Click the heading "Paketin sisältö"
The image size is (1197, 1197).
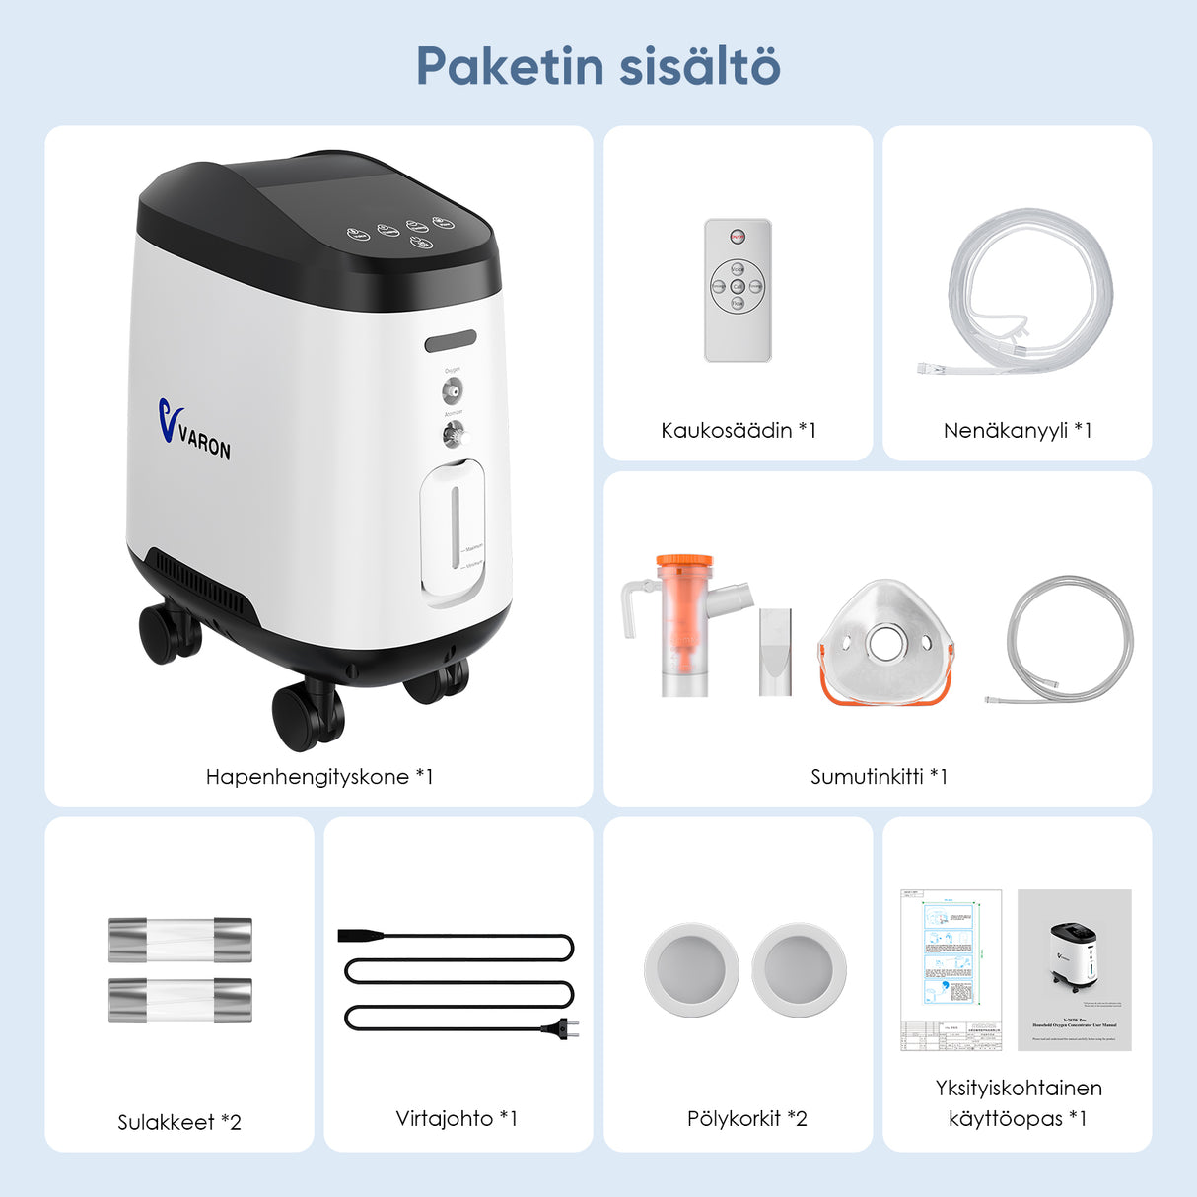598,66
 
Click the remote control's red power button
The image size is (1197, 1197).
738,237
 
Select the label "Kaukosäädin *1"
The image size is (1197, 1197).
738,430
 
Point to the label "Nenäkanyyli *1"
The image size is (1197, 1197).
1017,430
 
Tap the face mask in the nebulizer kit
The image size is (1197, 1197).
886,642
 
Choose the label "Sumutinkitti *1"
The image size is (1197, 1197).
878,777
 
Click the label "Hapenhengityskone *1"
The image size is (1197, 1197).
318,777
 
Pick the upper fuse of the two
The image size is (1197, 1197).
179,940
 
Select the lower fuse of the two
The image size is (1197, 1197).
179,1000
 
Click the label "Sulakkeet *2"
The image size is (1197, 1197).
178,1122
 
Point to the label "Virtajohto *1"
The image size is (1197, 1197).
457,1118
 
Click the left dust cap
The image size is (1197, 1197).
691,969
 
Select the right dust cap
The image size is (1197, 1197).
799,969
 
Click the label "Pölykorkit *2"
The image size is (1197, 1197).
746,1118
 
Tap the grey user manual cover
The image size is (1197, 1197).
1074,969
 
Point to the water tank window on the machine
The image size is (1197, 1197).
454,529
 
